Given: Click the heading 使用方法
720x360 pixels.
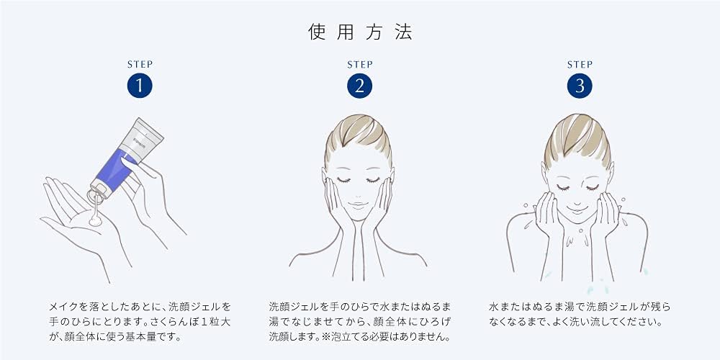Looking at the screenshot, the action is pyautogui.click(x=360, y=32).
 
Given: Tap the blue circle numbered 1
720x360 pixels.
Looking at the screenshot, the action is pyautogui.click(x=140, y=86).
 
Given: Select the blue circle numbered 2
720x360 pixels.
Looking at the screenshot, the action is pyautogui.click(x=359, y=86).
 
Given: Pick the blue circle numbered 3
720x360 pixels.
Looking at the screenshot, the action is pyautogui.click(x=580, y=86).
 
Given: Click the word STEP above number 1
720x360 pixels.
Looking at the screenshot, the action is pyautogui.click(x=140, y=64).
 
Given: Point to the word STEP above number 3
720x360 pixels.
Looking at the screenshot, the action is pyautogui.click(x=580, y=64).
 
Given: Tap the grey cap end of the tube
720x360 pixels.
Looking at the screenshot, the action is pyautogui.click(x=99, y=188).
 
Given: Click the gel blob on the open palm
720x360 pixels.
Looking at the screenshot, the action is pyautogui.click(x=96, y=221).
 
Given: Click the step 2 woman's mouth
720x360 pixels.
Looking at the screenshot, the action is pyautogui.click(x=358, y=204).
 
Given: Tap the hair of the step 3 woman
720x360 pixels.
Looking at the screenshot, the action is pyautogui.click(x=577, y=135).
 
